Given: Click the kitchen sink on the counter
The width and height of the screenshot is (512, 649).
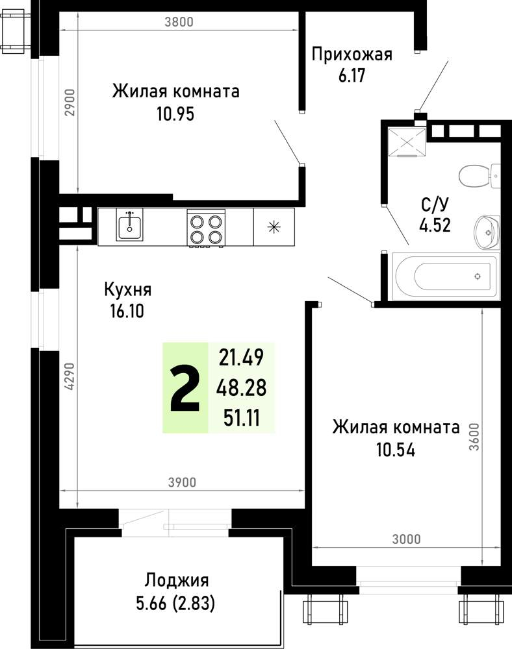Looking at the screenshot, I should click(x=131, y=225).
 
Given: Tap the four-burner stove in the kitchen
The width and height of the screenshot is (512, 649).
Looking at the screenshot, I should click(x=206, y=227).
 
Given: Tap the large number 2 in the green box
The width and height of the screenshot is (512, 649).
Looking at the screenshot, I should click(x=185, y=389).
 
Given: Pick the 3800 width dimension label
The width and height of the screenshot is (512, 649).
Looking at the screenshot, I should click(x=179, y=22).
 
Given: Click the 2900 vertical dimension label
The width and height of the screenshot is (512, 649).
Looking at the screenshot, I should click(x=71, y=102).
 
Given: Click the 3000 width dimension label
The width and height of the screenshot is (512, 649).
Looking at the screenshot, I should click(x=406, y=539).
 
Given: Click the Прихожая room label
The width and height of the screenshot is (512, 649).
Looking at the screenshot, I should click(x=352, y=54).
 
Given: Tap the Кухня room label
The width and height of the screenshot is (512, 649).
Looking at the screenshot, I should click(x=127, y=289).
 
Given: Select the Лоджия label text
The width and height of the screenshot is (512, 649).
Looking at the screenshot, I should click(x=176, y=580).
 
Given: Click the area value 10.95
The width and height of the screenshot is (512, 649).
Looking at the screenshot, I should click(x=175, y=114).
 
